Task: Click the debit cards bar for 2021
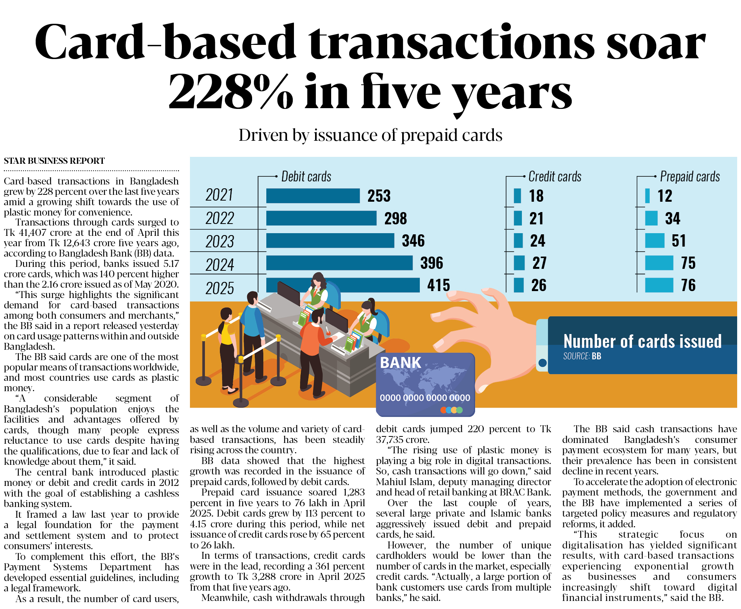pyautogui.click(x=313, y=196)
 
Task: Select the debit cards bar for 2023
pyautogui.click(x=330, y=240)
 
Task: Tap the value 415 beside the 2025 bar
pyautogui.click(x=438, y=285)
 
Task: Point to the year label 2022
pyautogui.click(x=219, y=219)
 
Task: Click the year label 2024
pyautogui.click(x=219, y=265)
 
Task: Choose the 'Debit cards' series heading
pyautogui.click(x=306, y=176)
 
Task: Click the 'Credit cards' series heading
pyautogui.click(x=555, y=176)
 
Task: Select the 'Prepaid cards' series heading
pyautogui.click(x=690, y=176)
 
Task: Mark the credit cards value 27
pyautogui.click(x=539, y=263)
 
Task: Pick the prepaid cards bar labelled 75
pyautogui.click(x=659, y=263)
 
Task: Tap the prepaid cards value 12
pyautogui.click(x=665, y=196)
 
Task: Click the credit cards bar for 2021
pyautogui.click(x=517, y=196)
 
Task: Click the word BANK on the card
pyautogui.click(x=400, y=363)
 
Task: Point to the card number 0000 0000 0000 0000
pyautogui.click(x=425, y=398)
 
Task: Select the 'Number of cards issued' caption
pyautogui.click(x=642, y=341)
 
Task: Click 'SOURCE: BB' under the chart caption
pyautogui.click(x=582, y=356)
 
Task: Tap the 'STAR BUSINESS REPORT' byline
pyautogui.click(x=54, y=161)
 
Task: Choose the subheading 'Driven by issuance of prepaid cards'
pyautogui.click(x=370, y=135)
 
